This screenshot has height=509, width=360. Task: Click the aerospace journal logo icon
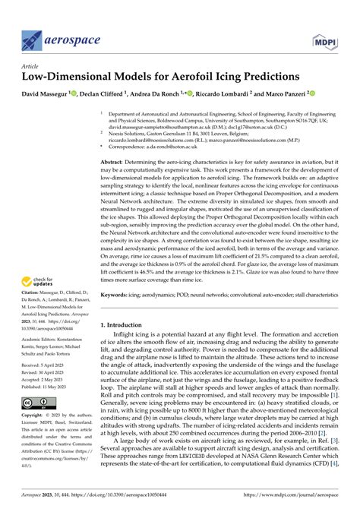click(33, 39)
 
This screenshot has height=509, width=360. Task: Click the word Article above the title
click(29, 67)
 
